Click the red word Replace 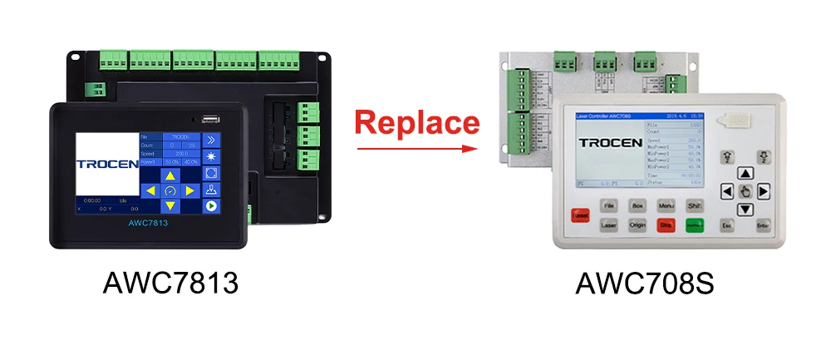pos(417,123)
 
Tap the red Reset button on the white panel pos(580,215)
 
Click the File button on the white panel pos(609,204)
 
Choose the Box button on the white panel pos(637,204)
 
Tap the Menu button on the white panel pos(666,204)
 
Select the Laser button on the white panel pos(609,224)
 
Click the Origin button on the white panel pos(637,224)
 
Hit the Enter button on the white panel pos(763,224)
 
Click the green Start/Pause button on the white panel pos(694,224)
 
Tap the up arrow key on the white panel pos(745,174)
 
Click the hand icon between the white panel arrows pos(745,191)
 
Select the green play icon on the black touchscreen pos(211,206)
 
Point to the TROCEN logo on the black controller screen pos(107,164)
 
